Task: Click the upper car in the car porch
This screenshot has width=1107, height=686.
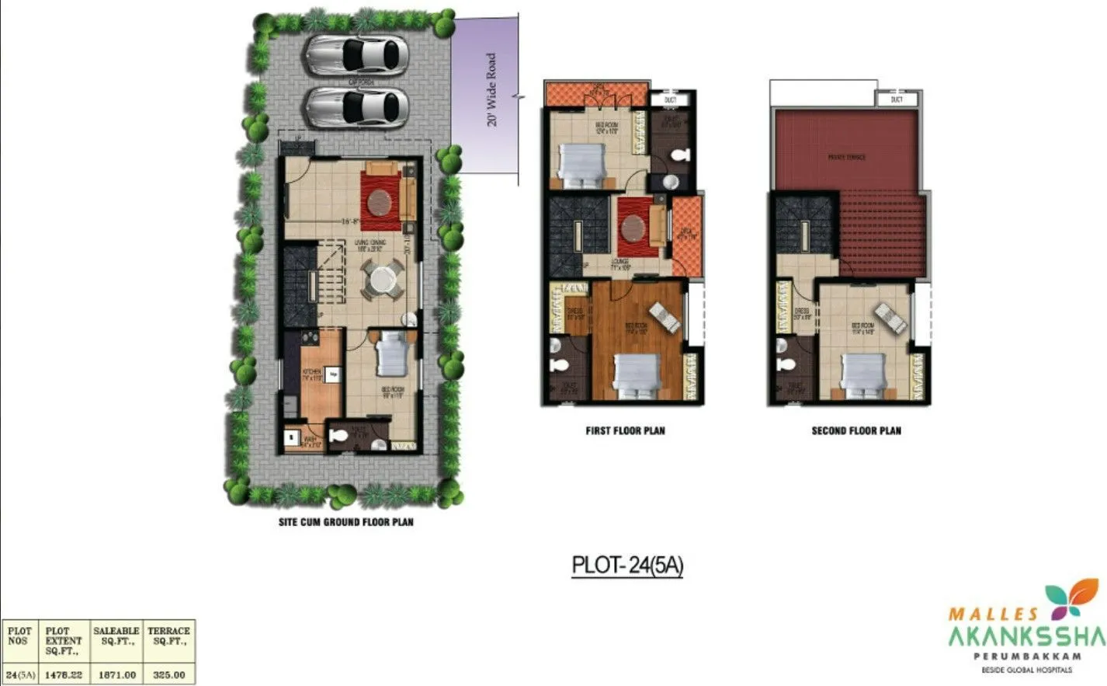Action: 357,55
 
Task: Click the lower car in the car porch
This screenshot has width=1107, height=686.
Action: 357,107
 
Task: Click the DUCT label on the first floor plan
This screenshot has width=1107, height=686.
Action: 670,100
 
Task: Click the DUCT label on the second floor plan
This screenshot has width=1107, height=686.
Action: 897,99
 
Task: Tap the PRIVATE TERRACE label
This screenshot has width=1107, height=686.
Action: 846,158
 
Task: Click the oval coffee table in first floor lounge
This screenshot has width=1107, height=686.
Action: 632,228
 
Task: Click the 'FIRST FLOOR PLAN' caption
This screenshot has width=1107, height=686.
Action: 625,430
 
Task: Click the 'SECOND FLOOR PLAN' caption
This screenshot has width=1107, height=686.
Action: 856,430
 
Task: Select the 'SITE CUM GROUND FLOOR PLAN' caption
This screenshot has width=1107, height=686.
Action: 346,522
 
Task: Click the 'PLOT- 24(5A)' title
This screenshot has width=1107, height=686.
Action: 627,565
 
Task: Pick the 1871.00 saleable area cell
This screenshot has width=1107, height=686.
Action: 116,675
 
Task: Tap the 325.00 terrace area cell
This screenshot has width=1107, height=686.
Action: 169,675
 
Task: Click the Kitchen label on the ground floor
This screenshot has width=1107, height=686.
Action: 311,372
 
